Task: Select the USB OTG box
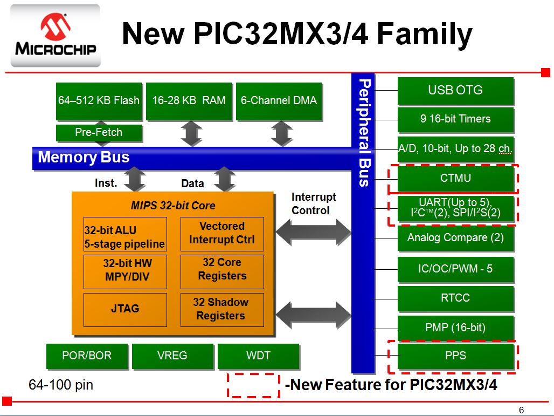pos(455,91)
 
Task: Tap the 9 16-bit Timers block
pos(455,119)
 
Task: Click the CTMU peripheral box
pos(455,178)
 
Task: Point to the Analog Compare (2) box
pos(455,237)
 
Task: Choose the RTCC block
pos(455,298)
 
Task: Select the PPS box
pos(455,356)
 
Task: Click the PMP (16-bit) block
pos(455,328)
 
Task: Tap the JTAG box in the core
pos(125,309)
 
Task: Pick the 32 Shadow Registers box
pos(221,309)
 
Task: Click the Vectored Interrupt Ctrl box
pos(221,233)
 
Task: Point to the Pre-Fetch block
pos(99,133)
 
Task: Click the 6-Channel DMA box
pos(279,101)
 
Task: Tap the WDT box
pos(258,356)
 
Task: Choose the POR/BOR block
pos(87,356)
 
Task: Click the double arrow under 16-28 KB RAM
pos(191,134)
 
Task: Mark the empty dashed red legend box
pos(253,385)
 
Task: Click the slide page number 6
pos(521,409)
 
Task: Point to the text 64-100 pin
pos(60,385)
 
